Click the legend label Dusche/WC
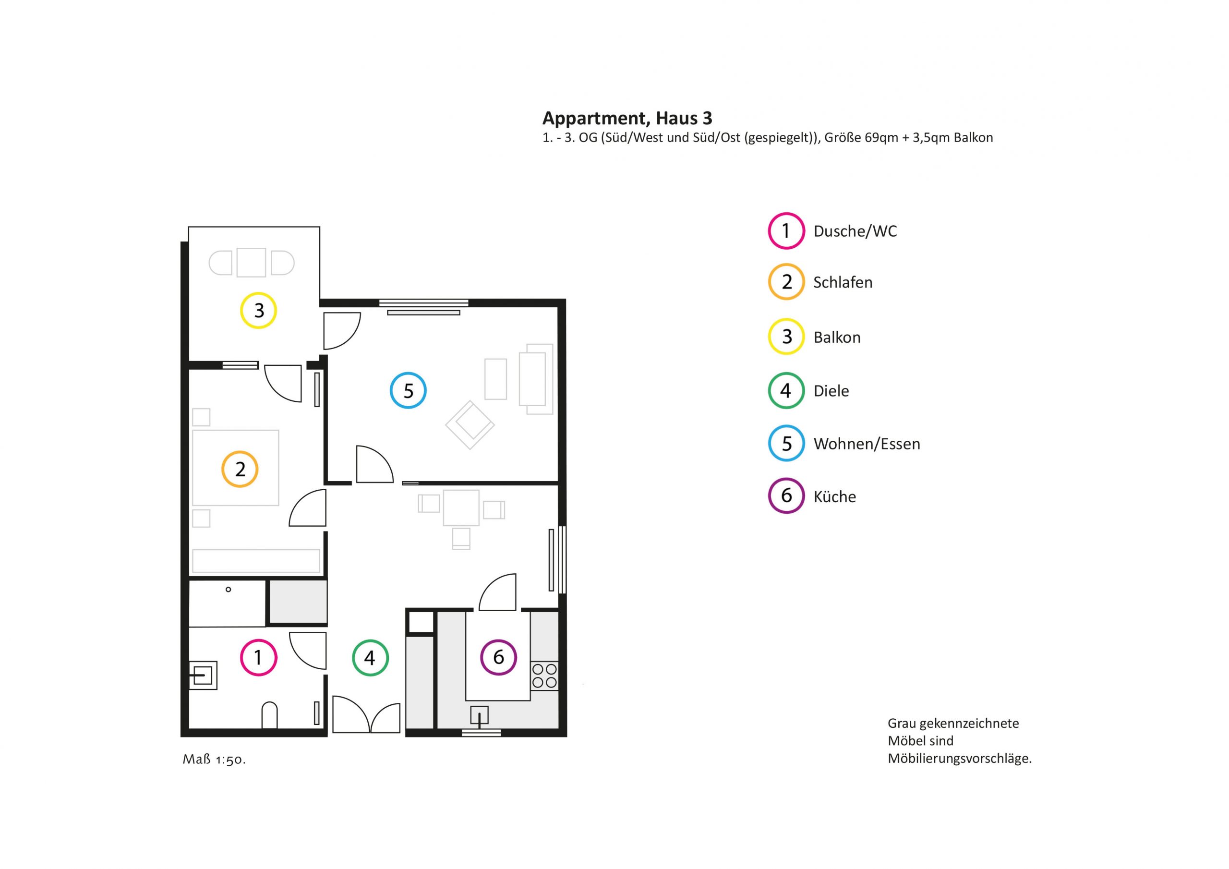855,231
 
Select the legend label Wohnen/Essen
867,444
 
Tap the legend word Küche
834,497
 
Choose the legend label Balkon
837,338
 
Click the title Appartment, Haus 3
627,118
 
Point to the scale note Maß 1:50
214,759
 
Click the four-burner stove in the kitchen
544,676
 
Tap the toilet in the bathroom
269,716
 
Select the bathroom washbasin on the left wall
203,675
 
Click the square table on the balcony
251,262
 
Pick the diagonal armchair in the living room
470,425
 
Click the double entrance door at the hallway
366,714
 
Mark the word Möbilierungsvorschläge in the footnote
959,759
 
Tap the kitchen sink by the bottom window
479,716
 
